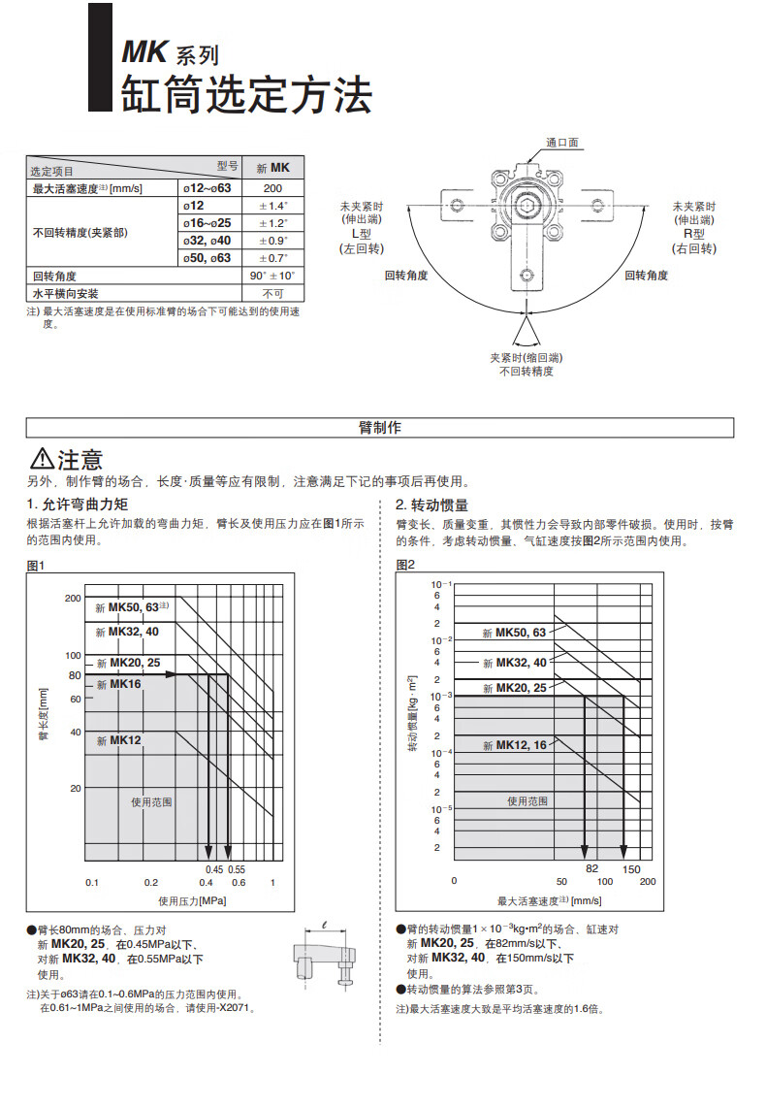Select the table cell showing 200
pyautogui.click(x=272, y=188)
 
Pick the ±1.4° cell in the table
pyautogui.click(x=272, y=206)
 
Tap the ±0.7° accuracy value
pyautogui.click(x=272, y=258)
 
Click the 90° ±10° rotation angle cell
pyautogui.click(x=272, y=277)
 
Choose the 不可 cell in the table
pyautogui.click(x=272, y=293)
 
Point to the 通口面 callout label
pyautogui.click(x=561, y=143)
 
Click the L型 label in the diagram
pyautogui.click(x=361, y=235)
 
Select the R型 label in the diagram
pyautogui.click(x=694, y=235)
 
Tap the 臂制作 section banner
pyautogui.click(x=380, y=428)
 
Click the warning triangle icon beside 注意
pyautogui.click(x=42, y=459)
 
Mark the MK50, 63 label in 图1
pyautogui.click(x=133, y=607)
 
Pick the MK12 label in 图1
pyautogui.click(x=124, y=740)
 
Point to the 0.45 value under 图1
pyautogui.click(x=214, y=868)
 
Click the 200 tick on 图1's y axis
pyautogui.click(x=73, y=599)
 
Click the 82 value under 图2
pyautogui.click(x=592, y=868)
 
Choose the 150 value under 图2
pyautogui.click(x=631, y=868)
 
